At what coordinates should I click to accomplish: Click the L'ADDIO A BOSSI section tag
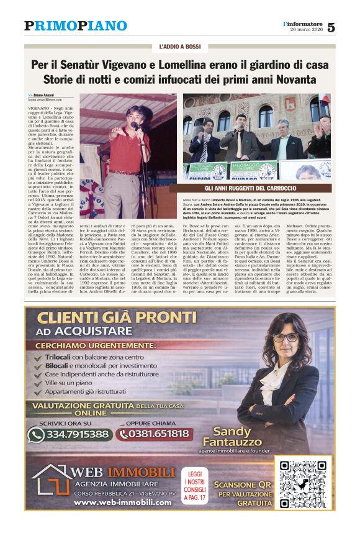(x=179, y=47)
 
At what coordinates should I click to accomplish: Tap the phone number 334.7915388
(x=76, y=434)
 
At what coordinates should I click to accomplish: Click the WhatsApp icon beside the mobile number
(x=36, y=434)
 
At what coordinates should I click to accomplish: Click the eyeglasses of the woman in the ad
(x=286, y=337)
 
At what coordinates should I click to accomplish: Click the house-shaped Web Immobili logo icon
(x=50, y=479)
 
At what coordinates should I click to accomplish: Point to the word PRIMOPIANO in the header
(x=75, y=26)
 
